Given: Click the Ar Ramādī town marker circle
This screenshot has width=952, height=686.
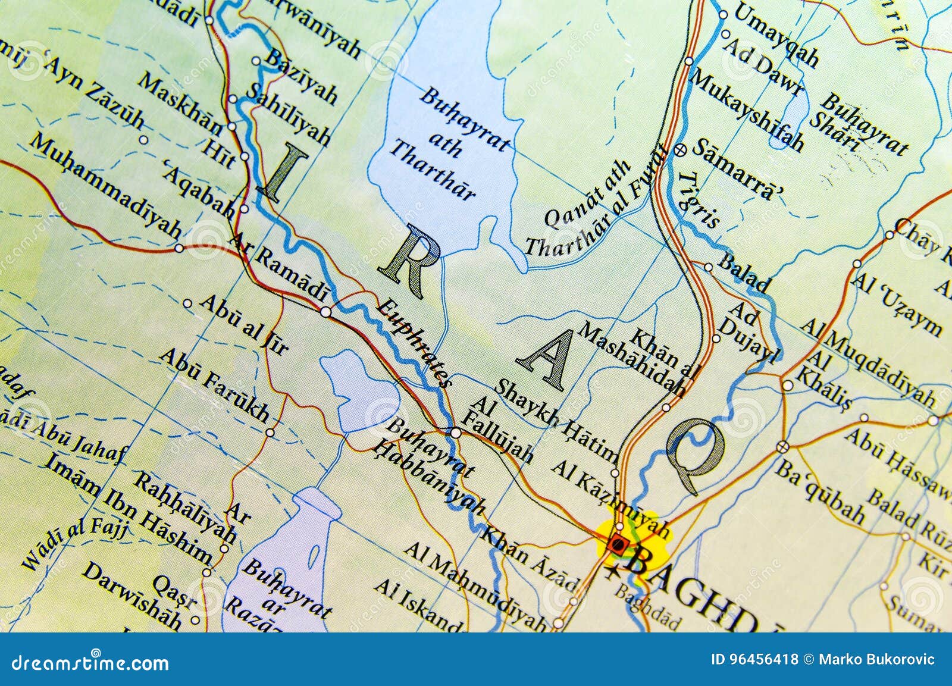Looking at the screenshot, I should point(325,312).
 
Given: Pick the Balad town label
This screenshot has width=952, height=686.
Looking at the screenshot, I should point(744,273).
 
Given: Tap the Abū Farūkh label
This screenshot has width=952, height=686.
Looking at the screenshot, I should point(214,384).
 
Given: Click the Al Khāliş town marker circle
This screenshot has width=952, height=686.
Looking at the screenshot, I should point(788,386).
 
